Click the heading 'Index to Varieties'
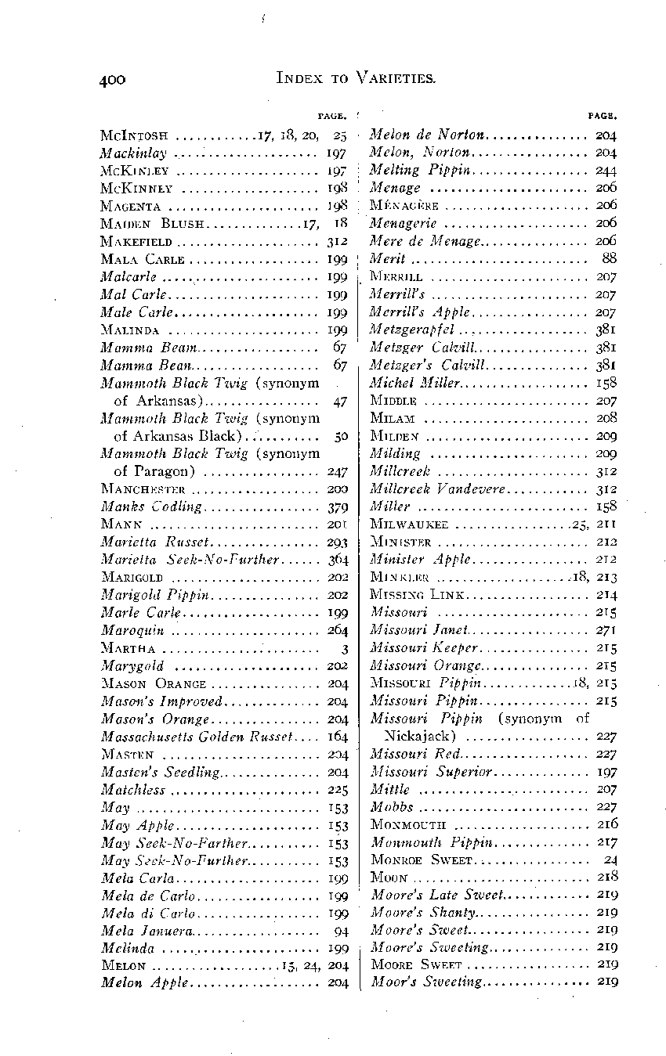[x=357, y=77]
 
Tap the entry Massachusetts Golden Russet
[x=197, y=736]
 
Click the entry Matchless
[x=132, y=789]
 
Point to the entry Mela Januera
[x=146, y=931]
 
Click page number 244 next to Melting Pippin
[x=606, y=170]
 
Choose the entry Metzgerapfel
[x=411, y=329]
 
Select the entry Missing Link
[x=414, y=594]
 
